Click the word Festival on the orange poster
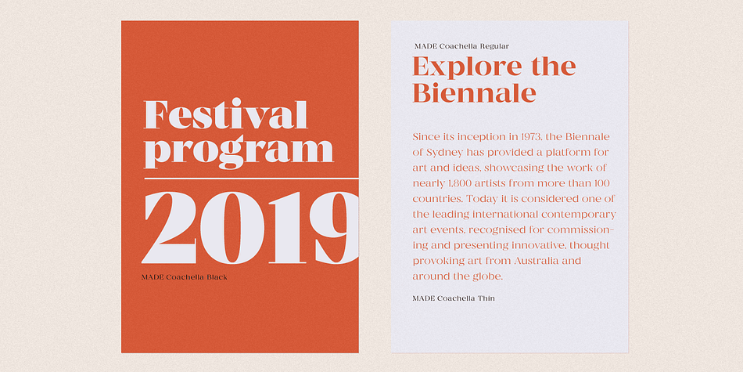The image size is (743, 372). (x=225, y=114)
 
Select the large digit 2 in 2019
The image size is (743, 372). (x=170, y=227)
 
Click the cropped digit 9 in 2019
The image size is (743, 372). (x=335, y=227)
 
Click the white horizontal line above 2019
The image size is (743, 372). (x=251, y=179)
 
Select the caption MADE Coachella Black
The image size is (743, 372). (x=185, y=277)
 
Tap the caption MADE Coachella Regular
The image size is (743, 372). (x=461, y=46)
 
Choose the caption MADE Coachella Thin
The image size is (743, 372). (x=454, y=298)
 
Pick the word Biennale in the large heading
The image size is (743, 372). (x=474, y=92)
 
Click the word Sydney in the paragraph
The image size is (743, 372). (x=444, y=153)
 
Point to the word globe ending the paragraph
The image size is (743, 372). (x=488, y=276)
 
